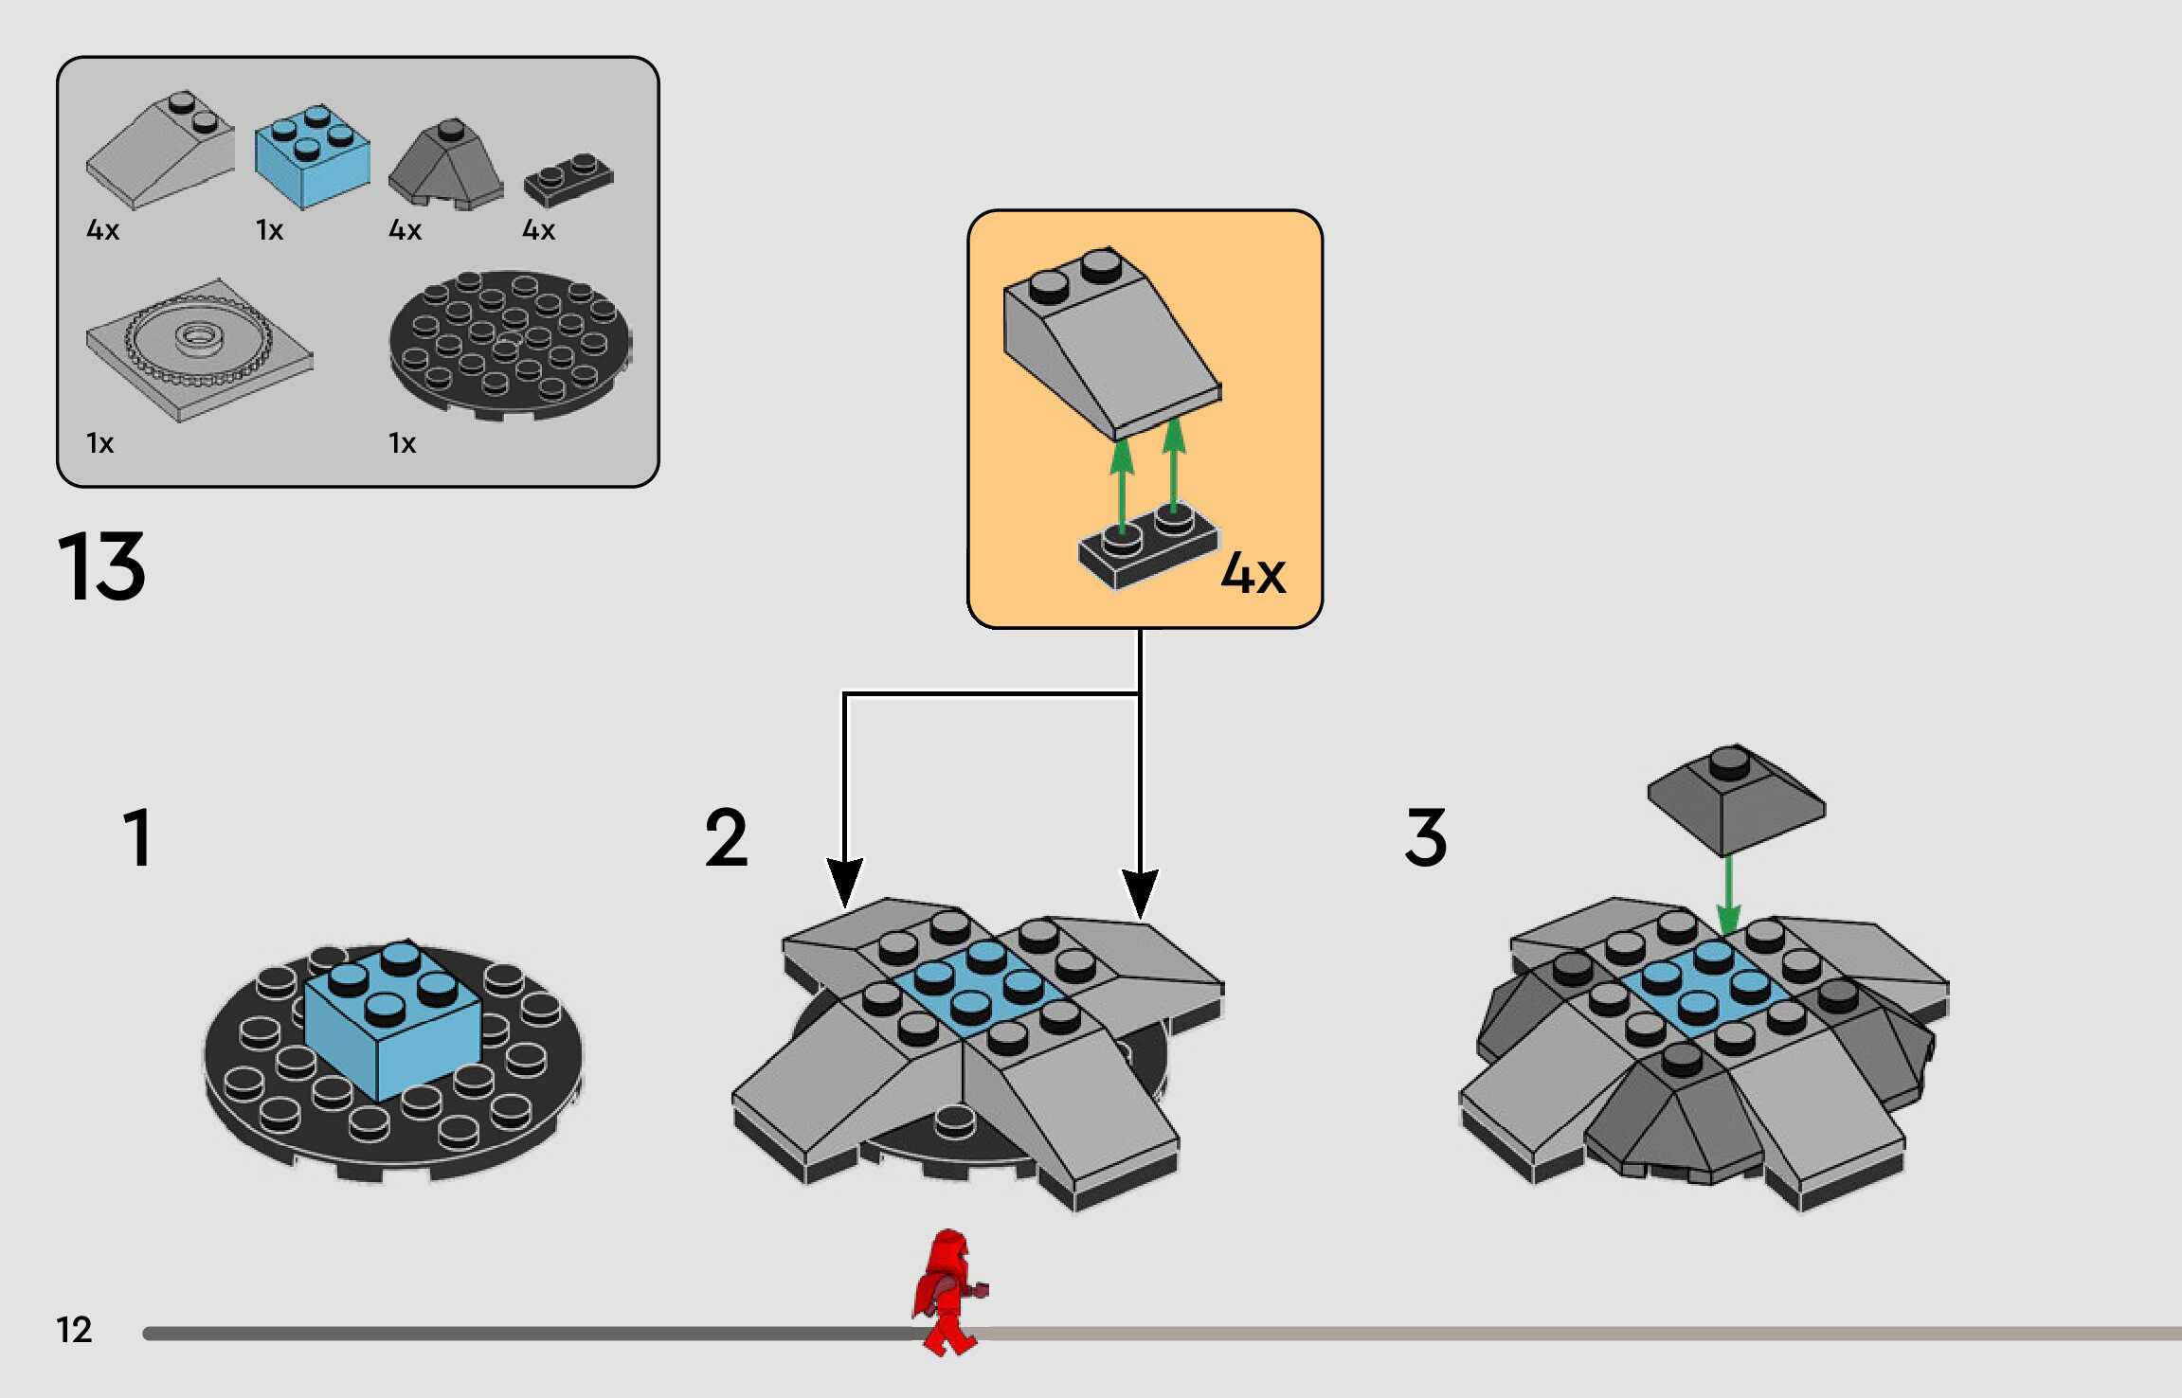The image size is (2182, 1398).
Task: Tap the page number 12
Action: pos(74,1330)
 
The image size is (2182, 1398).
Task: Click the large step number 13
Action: pos(101,567)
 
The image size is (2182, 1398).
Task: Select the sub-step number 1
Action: pos(138,837)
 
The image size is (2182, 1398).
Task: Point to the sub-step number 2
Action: pos(727,837)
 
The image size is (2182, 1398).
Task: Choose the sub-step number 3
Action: pos(1426,837)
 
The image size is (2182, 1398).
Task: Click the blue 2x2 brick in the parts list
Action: pos(312,157)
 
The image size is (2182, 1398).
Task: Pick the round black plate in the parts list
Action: pos(510,345)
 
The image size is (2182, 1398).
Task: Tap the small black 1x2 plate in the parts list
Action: pos(568,179)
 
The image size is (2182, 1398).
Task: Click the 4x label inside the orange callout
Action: pos(1253,574)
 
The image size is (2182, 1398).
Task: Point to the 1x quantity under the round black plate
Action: pos(402,443)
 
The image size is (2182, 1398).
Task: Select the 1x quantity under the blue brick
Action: pos(269,230)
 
